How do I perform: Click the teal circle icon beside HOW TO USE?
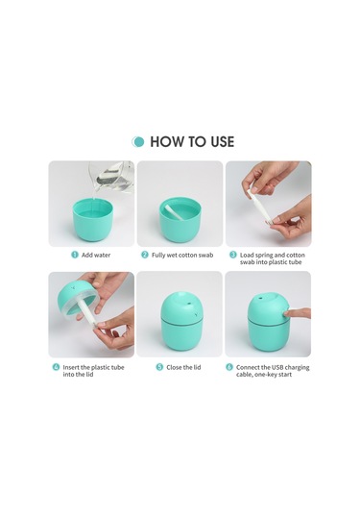click(x=138, y=141)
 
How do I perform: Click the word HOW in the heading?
click(x=167, y=141)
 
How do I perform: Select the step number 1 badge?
click(x=74, y=256)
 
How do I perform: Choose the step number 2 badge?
click(x=145, y=256)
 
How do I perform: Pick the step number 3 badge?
click(x=233, y=256)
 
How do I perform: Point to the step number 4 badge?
click(x=55, y=367)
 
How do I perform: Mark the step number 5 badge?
click(x=159, y=367)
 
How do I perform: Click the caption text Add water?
click(x=96, y=256)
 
